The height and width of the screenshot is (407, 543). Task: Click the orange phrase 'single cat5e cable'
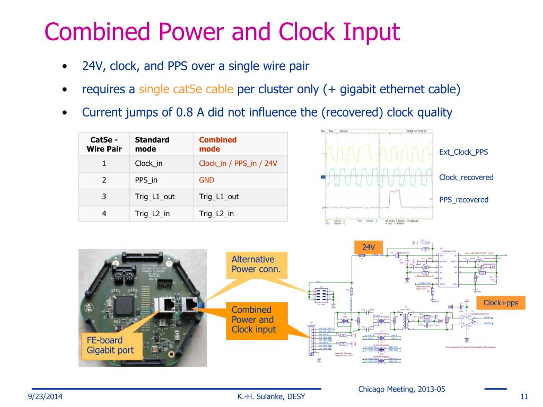coord(186,89)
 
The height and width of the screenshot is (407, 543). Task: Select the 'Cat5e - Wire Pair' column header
coord(104,144)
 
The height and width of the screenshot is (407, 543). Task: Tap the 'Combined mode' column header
coord(218,144)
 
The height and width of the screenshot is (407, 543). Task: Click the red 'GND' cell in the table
coord(206,180)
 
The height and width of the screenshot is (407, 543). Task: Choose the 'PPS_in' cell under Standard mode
coord(146,180)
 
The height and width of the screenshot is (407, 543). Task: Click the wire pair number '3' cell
coord(104,197)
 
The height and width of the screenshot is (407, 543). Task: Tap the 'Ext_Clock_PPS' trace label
coord(463,152)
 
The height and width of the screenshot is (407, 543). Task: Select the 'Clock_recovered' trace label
coord(466,178)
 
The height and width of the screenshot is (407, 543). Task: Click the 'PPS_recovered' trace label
coord(463,200)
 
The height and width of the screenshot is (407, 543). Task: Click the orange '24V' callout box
coord(369,247)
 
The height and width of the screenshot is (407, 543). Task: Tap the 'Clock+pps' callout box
coord(501,303)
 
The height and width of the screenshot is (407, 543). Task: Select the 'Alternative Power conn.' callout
coord(256,264)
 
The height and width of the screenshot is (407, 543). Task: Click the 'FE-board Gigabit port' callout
coord(110,345)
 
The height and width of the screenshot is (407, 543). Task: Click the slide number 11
coord(525,397)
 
